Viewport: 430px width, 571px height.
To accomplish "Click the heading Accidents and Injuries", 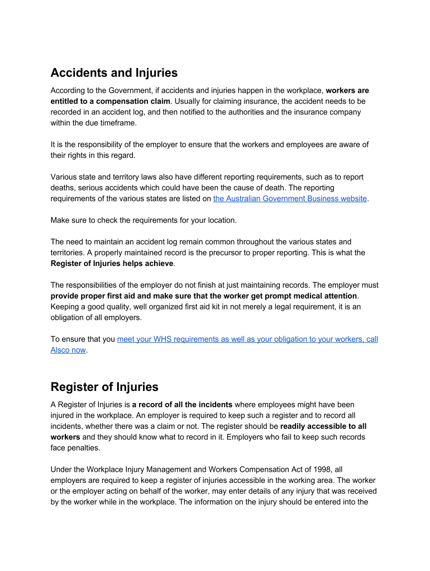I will pyautogui.click(x=114, y=73).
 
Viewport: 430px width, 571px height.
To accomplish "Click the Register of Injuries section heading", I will pyautogui.click(x=104, y=387).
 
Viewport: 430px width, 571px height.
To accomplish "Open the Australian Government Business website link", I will pyautogui.click(x=290, y=199).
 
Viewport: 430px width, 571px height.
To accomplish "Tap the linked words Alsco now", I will pyautogui.click(x=68, y=350).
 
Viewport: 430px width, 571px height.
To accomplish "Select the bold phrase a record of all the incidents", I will pyautogui.click(x=182, y=404).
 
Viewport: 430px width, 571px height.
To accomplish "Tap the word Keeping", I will pyautogui.click(x=66, y=307).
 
